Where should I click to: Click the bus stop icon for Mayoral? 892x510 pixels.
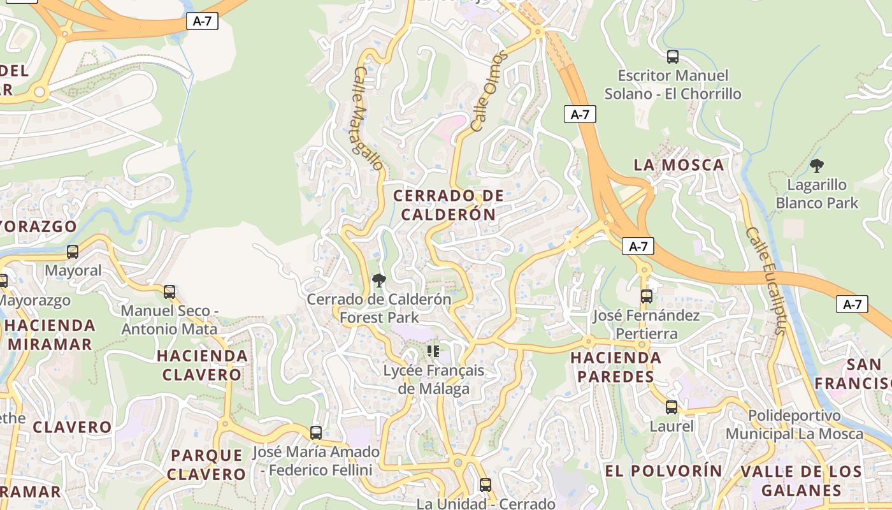click(x=73, y=252)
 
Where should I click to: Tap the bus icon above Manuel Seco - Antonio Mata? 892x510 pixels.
click(x=169, y=292)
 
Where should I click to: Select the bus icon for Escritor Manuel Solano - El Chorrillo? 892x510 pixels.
click(x=672, y=57)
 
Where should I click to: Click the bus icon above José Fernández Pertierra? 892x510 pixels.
click(x=647, y=296)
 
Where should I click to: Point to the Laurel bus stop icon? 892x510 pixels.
click(x=672, y=407)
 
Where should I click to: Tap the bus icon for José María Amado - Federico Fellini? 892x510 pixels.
click(x=316, y=433)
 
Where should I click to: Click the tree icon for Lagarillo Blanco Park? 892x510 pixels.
click(x=817, y=166)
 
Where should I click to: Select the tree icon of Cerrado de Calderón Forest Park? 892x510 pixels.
click(x=379, y=280)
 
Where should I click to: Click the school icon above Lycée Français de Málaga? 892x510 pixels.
click(x=434, y=351)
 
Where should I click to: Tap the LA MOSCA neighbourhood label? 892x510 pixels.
click(x=679, y=165)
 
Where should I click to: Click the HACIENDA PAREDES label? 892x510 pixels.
click(x=616, y=367)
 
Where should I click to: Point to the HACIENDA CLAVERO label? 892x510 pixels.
click(x=203, y=365)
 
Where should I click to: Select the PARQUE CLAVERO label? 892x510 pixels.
click(x=207, y=465)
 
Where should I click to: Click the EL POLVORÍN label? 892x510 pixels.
click(x=663, y=471)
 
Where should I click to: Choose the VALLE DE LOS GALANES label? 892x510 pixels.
click(x=801, y=481)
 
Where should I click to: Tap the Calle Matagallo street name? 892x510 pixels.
click(x=368, y=119)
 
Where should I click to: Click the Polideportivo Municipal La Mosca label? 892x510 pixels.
click(x=795, y=425)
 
